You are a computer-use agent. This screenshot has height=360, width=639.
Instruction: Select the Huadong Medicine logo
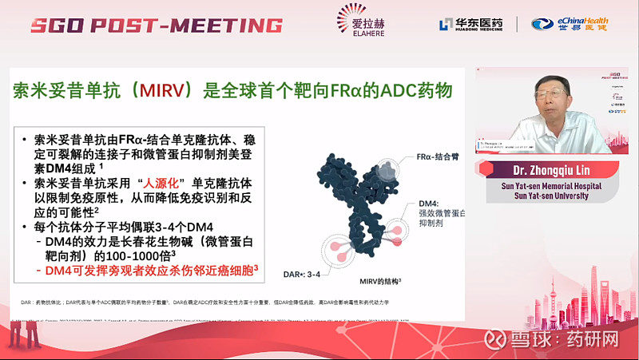470,24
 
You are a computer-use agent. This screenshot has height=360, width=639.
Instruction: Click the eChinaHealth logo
570,24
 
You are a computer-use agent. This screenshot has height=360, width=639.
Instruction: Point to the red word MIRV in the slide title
160,89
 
